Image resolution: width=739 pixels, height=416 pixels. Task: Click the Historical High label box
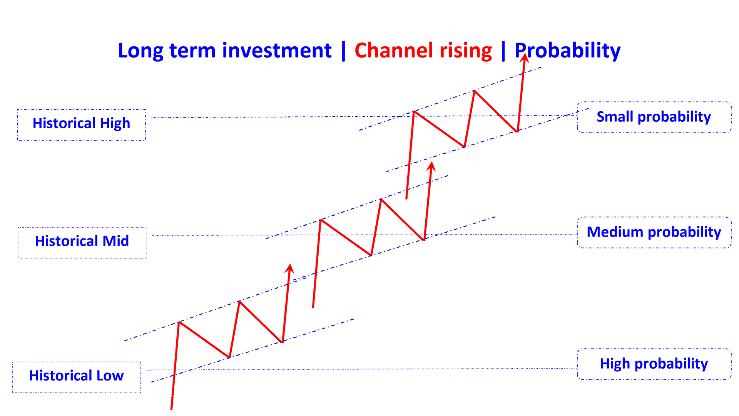click(82, 125)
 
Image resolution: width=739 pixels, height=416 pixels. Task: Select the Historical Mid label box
click(82, 243)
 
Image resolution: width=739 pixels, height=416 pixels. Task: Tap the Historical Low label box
click(77, 377)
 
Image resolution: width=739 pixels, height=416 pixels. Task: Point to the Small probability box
click(654, 117)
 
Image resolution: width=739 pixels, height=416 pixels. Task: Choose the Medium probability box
click(654, 232)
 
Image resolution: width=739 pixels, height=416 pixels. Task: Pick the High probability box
click(654, 364)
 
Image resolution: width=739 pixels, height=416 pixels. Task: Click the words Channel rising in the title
click(423, 50)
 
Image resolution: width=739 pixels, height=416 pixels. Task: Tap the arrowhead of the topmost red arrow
click(525, 59)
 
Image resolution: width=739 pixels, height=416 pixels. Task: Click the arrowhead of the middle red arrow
click(431, 166)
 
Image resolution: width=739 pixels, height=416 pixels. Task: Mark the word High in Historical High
click(115, 124)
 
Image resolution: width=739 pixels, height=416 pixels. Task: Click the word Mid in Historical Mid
click(115, 241)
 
